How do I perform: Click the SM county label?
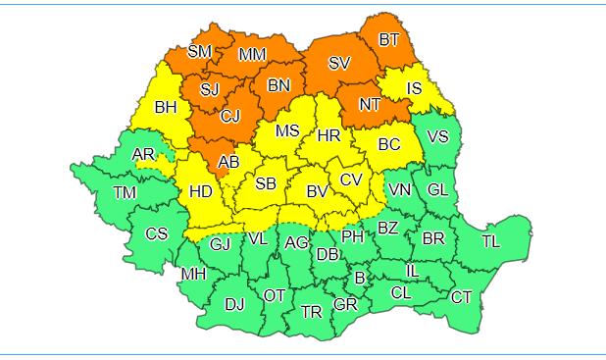click(199, 51)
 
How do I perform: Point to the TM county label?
click(125, 192)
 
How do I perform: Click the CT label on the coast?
click(461, 296)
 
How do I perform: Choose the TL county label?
click(490, 241)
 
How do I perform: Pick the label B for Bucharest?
click(360, 279)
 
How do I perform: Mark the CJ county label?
click(230, 117)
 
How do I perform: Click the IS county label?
click(415, 89)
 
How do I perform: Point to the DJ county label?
click(234, 304)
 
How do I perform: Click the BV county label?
click(317, 192)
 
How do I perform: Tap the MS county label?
click(286, 130)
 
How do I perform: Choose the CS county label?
click(156, 233)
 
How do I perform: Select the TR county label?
click(312, 312)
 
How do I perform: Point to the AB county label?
click(228, 162)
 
